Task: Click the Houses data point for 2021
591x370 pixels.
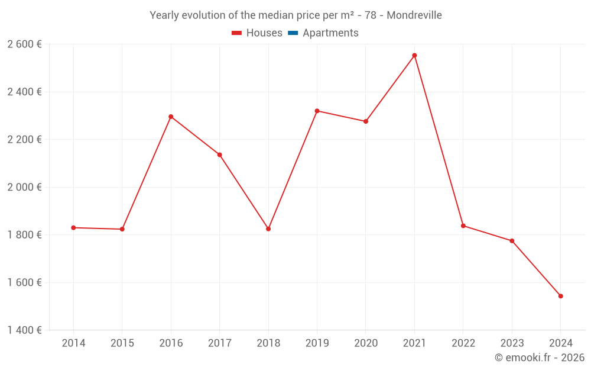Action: coord(414,56)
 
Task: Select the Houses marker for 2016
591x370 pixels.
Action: coord(171,117)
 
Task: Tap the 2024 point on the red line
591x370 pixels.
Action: coord(560,296)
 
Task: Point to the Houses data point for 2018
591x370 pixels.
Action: coord(268,229)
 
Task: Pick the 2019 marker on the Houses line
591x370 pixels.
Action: coord(317,111)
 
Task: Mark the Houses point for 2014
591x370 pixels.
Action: coord(73,227)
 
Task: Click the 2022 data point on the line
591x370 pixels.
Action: coord(463,226)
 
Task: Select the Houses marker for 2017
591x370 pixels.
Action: coord(219,155)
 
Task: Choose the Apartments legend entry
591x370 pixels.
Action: coord(330,33)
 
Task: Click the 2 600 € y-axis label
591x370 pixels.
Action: coord(24,44)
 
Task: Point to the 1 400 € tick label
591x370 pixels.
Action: coord(24,330)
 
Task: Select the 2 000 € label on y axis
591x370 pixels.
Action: coord(24,187)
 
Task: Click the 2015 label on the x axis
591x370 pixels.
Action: coord(122,343)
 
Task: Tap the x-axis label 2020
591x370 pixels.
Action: coord(365,343)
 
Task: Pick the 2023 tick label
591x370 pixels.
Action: coord(512,343)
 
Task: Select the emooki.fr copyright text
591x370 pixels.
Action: coord(539,358)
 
